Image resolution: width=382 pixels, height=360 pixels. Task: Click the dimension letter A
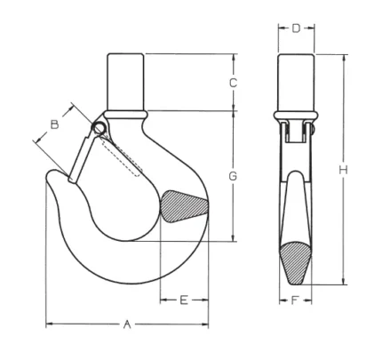(x=127, y=324)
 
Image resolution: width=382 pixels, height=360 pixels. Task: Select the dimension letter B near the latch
(x=54, y=124)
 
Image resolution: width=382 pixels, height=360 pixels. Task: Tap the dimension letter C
(x=234, y=84)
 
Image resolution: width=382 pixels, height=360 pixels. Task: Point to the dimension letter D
(x=296, y=28)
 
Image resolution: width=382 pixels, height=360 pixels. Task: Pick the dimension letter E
(x=184, y=300)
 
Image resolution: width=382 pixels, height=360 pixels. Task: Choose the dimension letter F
(x=294, y=300)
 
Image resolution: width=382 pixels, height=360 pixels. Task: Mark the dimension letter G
(x=233, y=176)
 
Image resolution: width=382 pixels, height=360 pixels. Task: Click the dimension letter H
(x=343, y=171)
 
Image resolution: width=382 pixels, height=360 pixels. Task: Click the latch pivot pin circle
(x=99, y=129)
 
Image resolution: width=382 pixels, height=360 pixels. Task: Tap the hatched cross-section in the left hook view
(x=183, y=206)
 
